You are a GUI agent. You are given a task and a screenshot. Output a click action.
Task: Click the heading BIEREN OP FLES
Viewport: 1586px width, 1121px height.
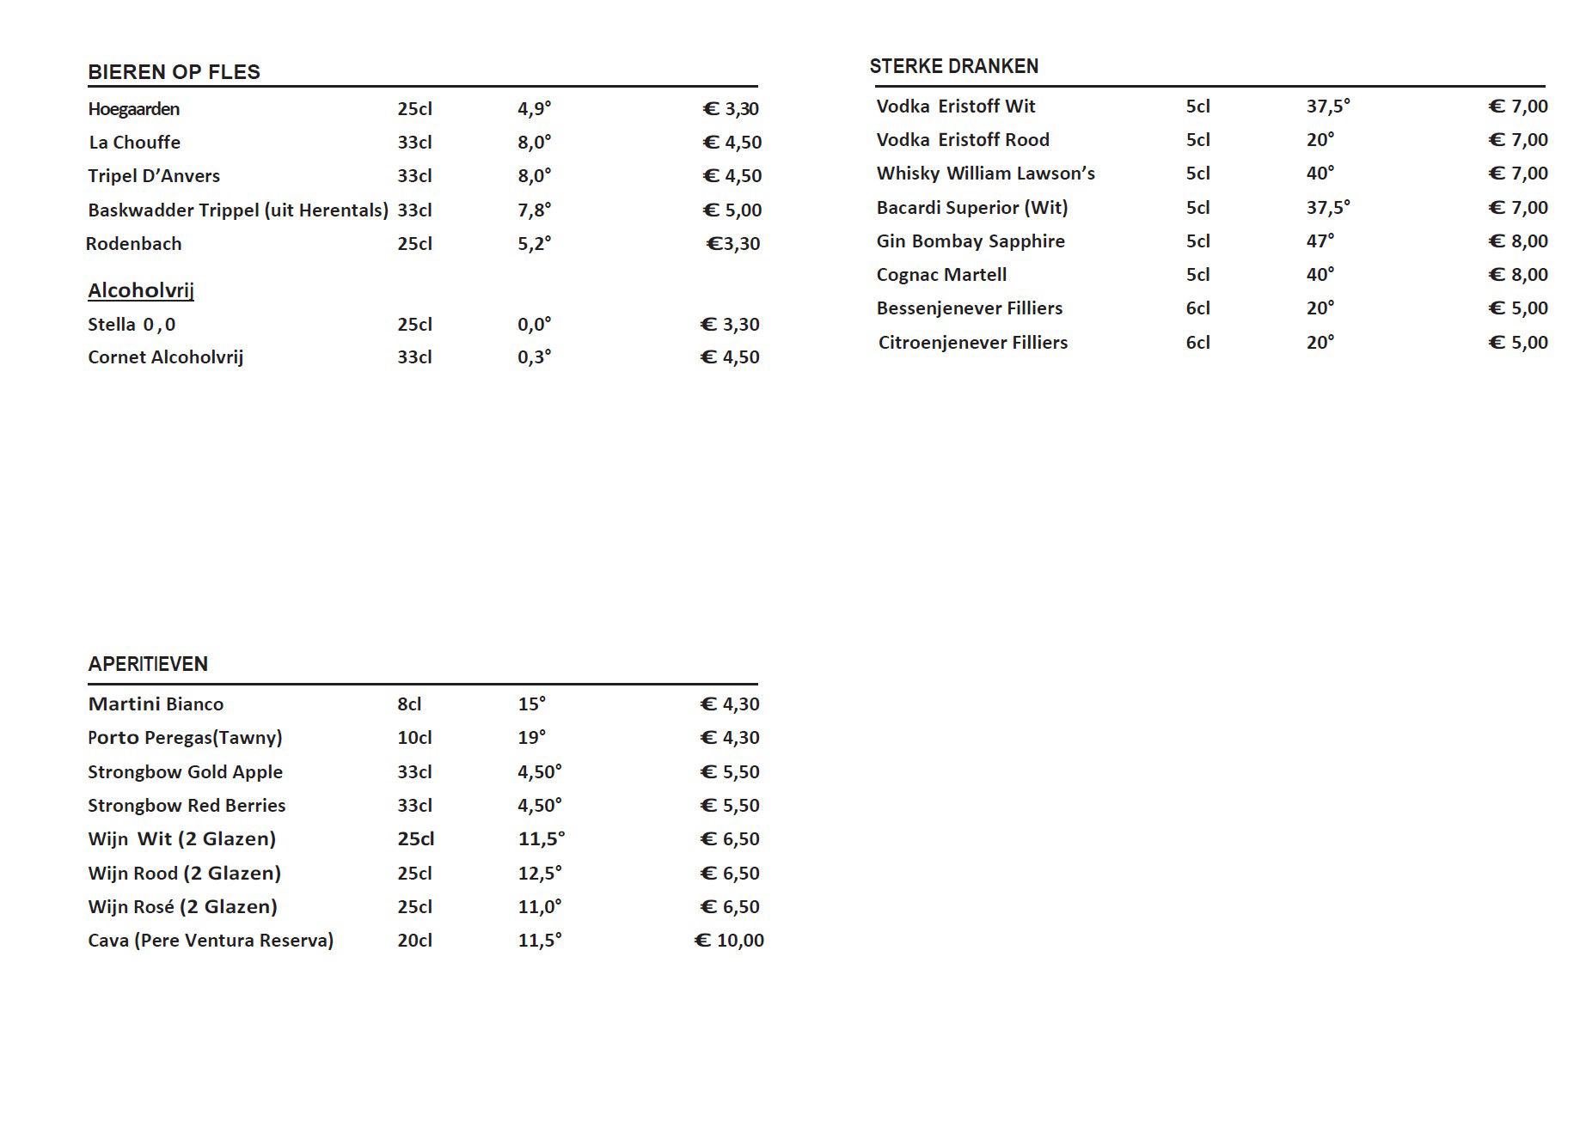[x=174, y=72]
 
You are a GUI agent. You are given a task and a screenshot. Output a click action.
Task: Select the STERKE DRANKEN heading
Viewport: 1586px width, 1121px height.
[x=953, y=66]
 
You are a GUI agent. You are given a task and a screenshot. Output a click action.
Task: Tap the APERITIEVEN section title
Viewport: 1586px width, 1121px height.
[x=148, y=664]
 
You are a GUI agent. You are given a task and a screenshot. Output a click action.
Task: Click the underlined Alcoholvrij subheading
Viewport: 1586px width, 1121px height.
[x=141, y=290]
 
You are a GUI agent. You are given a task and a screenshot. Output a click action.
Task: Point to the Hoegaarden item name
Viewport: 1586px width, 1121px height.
[x=133, y=109]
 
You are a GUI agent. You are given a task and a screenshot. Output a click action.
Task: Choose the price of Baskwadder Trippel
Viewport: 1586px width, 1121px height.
[x=732, y=210]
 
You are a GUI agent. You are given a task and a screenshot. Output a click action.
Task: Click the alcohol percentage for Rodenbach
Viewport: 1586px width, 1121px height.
[x=534, y=244]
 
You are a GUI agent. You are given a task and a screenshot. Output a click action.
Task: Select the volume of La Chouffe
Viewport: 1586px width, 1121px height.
[x=414, y=143]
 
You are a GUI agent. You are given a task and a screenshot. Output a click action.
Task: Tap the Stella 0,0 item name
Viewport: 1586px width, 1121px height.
[x=132, y=325]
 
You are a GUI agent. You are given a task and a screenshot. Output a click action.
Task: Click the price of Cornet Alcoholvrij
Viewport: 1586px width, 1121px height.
[x=730, y=357]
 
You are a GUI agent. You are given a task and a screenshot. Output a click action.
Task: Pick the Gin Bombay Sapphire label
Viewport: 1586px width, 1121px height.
[x=971, y=241]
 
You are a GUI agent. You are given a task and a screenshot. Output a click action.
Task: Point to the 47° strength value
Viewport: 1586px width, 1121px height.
[x=1320, y=241]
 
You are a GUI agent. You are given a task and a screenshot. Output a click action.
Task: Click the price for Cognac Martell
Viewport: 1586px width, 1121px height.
[x=1518, y=275]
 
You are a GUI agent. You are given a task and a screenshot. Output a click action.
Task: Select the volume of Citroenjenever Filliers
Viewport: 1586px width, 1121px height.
[x=1197, y=343]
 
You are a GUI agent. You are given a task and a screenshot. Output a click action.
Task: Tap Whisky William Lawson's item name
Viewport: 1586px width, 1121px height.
[x=985, y=174]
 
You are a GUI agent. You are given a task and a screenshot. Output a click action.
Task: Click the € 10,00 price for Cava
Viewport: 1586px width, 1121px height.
[x=729, y=941]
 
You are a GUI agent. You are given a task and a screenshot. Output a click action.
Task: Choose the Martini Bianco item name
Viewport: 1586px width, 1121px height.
[x=156, y=704]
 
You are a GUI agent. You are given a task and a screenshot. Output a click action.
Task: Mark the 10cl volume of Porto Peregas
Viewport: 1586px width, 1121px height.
[x=414, y=738]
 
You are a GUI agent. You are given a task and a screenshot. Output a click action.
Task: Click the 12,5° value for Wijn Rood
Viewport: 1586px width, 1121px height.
[x=540, y=874]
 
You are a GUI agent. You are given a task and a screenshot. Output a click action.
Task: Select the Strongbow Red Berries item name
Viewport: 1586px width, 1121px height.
[x=187, y=806]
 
